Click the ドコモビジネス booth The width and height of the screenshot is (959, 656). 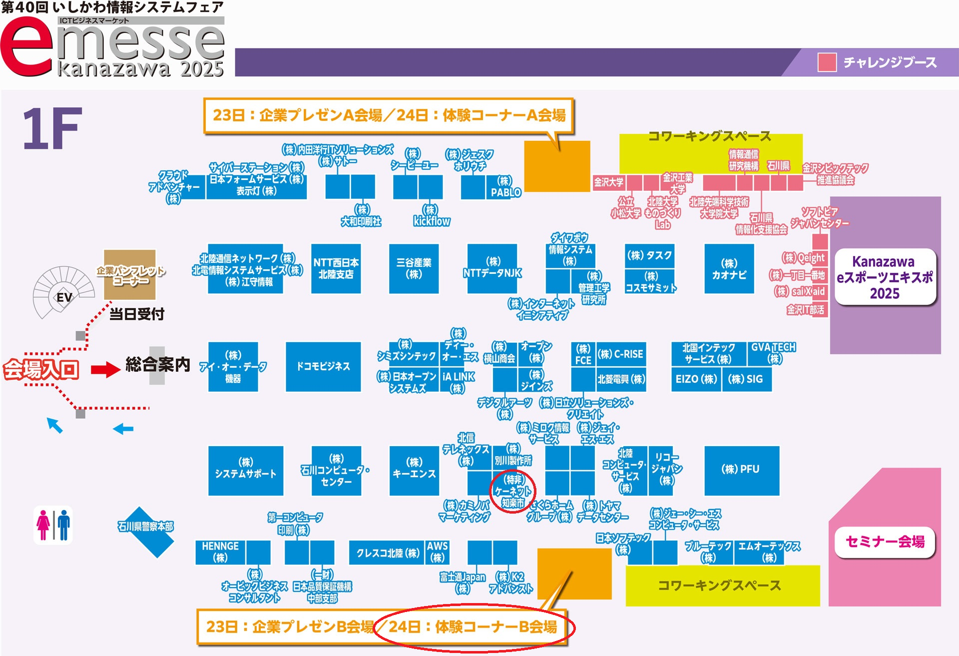point(323,366)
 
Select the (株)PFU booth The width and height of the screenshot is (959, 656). point(741,470)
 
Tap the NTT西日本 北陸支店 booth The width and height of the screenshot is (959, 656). point(336,268)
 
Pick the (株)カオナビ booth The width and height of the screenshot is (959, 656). point(729,268)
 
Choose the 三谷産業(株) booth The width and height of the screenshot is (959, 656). point(414,268)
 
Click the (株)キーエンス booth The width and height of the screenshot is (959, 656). point(414,470)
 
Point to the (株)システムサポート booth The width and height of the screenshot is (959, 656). point(245,470)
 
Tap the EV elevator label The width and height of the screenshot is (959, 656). point(64,297)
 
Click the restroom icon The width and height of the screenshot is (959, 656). point(53,525)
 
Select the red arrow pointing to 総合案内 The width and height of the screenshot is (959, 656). point(105,370)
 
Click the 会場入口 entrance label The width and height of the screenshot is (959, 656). point(41,370)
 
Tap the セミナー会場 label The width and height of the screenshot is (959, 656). point(885,542)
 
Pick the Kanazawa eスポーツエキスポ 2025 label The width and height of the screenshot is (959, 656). point(885,277)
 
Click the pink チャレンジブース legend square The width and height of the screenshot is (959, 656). point(827,62)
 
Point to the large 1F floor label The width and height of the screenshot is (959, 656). point(52,128)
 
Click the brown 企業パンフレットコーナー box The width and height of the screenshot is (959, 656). point(130,274)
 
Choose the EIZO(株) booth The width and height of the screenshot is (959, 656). point(696,379)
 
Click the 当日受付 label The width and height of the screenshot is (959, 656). point(136,314)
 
